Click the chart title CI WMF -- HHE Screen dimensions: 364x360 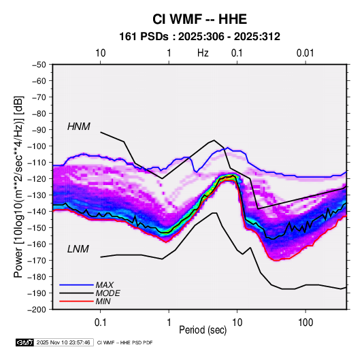click(199, 19)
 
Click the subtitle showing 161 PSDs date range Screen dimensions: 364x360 click(199, 37)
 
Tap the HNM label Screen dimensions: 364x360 click(79, 127)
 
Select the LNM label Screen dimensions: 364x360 click(78, 249)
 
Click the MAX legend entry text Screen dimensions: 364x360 click(105, 285)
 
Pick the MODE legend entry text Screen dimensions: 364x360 click(107, 293)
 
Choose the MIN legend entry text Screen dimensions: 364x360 click(103, 301)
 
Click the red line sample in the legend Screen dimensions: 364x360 click(76, 301)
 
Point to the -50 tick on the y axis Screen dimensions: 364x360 click(39, 65)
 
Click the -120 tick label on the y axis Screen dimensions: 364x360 click(37, 178)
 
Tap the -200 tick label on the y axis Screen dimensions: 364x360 click(37, 310)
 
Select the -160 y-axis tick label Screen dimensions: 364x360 click(37, 244)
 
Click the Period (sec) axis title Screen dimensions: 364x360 click(203, 330)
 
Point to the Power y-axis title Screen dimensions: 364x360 click(18, 186)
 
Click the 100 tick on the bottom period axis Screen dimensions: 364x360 click(305, 323)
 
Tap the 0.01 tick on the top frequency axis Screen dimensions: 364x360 click(305, 53)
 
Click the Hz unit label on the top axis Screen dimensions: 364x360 click(203, 53)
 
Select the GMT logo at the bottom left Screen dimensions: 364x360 click(25, 342)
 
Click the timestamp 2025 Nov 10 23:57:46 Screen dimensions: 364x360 click(63, 342)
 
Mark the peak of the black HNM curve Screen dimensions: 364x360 click(214, 140)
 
